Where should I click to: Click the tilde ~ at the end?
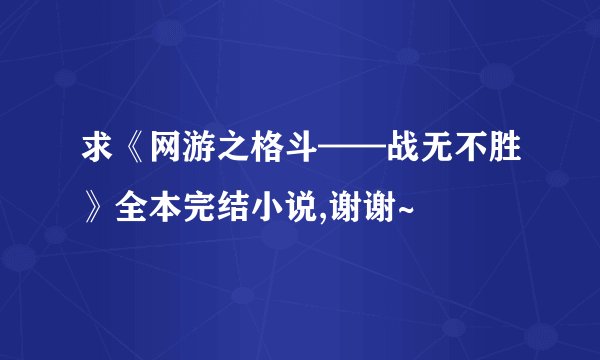coord(406,212)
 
